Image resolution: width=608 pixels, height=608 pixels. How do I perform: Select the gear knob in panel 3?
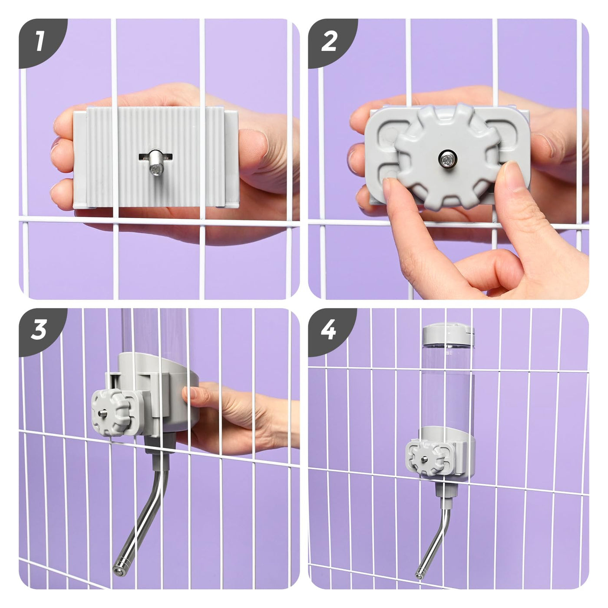[111, 413]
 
